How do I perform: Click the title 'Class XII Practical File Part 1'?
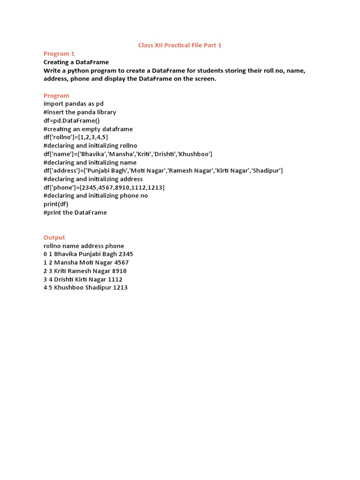click(180, 45)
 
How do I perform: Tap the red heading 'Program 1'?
click(59, 54)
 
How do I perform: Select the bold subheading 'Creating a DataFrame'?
click(76, 62)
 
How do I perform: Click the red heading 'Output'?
click(54, 238)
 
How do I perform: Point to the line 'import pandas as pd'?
click(74, 104)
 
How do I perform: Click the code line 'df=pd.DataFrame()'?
click(72, 120)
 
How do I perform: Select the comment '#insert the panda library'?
click(80, 112)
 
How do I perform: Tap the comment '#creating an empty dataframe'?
click(88, 129)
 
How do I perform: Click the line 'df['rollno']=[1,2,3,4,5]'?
click(76, 137)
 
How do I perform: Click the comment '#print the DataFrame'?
click(75, 212)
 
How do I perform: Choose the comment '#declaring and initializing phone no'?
click(96, 195)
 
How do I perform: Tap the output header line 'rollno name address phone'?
click(84, 246)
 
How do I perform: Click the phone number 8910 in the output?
click(119, 271)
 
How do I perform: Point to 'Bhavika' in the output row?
click(66, 254)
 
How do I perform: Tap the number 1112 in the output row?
click(115, 279)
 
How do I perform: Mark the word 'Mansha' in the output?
click(65, 262)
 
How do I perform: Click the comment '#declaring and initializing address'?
click(93, 179)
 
